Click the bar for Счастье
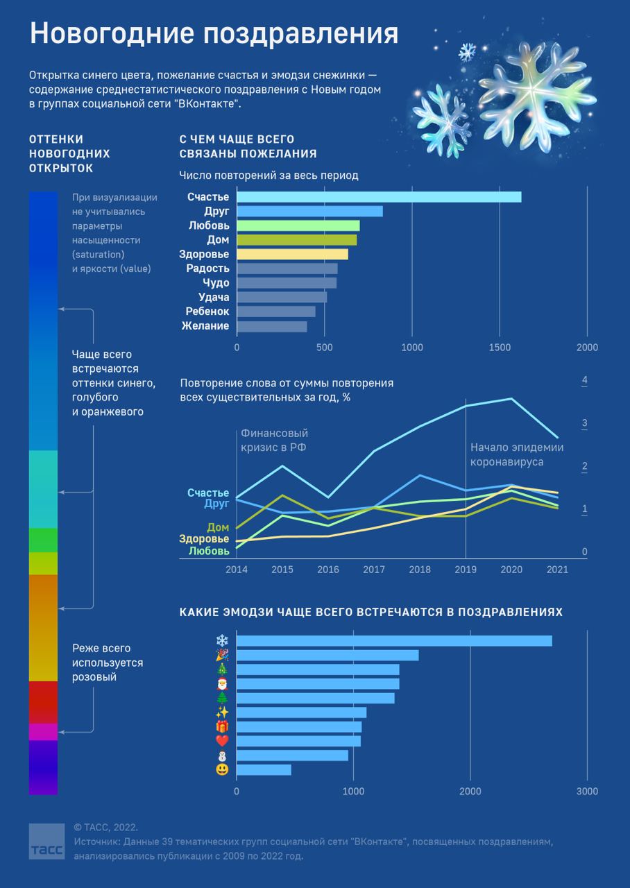pos(379,197)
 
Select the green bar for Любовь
pos(298,225)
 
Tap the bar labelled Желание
pos(272,327)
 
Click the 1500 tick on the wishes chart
pos(500,348)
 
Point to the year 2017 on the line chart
pos(374,570)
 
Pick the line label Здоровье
pos(204,539)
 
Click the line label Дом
pos(218,528)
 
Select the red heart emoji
pos(222,741)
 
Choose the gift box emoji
pos(222,726)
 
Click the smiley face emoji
pos(222,770)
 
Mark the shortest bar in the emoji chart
pos(264,770)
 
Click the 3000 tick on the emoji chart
pos(587,792)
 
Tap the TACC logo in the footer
pos(46,843)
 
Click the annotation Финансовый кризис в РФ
pos(273,440)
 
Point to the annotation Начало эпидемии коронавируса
pos(517,454)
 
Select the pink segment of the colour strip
pos(43,732)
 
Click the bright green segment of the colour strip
pos(43,540)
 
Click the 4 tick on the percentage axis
pos(585,381)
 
